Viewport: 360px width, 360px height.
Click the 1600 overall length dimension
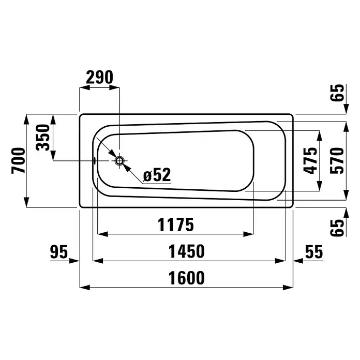(186, 278)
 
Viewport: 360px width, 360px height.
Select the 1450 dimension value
(186, 251)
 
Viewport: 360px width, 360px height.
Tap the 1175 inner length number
(176, 225)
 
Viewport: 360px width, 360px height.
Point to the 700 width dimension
(18, 160)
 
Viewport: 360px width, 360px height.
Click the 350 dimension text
(43, 137)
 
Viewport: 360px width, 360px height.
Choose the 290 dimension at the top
(100, 77)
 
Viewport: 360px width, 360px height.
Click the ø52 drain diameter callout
(157, 175)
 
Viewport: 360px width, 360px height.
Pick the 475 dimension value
(310, 160)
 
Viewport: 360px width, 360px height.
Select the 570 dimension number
(337, 160)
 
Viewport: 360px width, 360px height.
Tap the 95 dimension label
(59, 251)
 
